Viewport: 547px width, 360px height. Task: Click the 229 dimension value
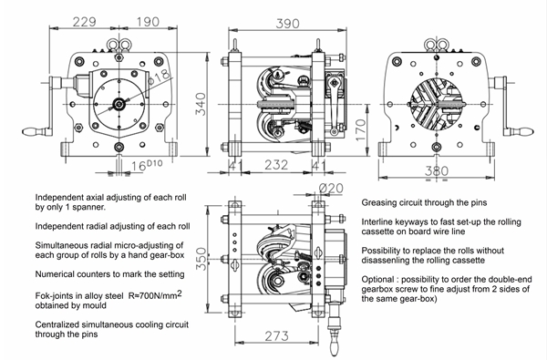click(84, 22)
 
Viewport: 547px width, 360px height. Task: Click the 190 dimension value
click(148, 22)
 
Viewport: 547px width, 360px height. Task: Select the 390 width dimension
click(287, 24)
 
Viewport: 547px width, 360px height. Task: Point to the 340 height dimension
click(201, 104)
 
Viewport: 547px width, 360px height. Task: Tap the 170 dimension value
click(361, 129)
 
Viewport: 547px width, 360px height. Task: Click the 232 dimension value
click(276, 165)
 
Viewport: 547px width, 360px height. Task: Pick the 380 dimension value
click(437, 171)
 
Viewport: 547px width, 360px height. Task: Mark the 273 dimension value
click(276, 336)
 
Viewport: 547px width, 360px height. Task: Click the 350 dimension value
click(201, 259)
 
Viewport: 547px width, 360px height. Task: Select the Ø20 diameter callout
click(331, 189)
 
